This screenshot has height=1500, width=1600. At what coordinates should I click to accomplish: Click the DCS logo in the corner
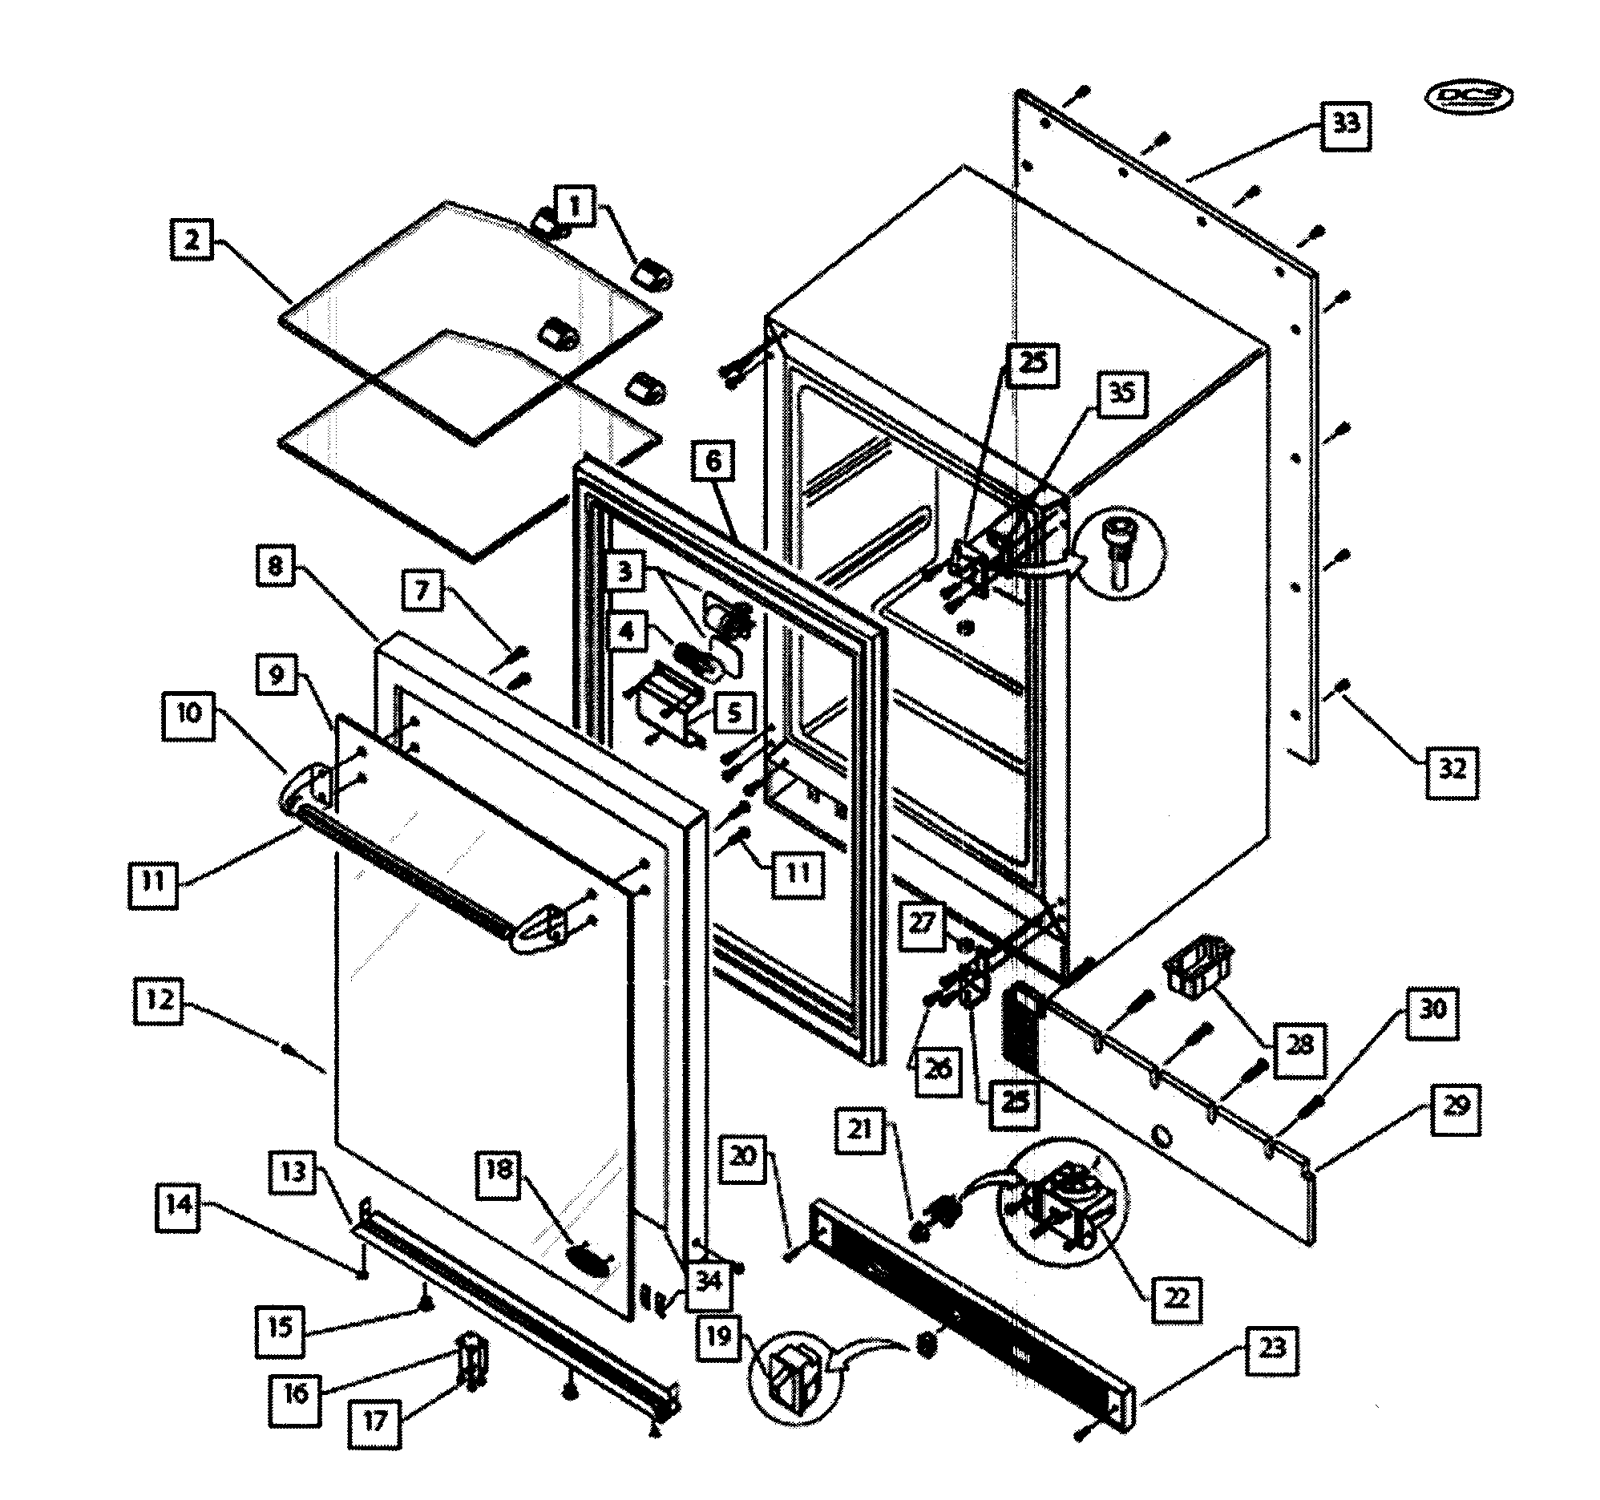(1468, 96)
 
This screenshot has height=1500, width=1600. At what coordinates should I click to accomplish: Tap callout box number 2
(192, 239)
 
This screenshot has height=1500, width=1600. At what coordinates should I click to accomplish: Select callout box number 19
(718, 1336)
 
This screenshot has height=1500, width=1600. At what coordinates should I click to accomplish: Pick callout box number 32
(1452, 769)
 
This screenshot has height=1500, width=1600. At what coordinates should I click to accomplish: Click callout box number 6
(713, 461)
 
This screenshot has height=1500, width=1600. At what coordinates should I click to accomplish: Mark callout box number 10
(188, 714)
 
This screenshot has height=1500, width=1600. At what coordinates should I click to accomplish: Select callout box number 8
(275, 566)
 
